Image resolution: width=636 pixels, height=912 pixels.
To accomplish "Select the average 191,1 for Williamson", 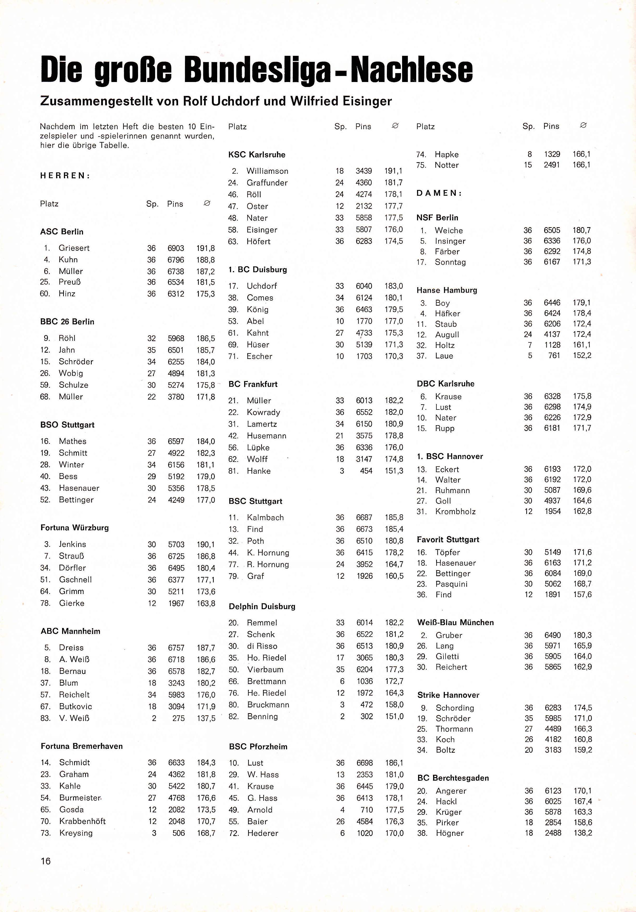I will pyautogui.click(x=393, y=171).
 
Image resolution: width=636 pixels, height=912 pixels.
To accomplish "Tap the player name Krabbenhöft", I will pyautogui.click(x=83, y=821).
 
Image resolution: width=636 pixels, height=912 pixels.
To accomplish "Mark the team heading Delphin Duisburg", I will pyautogui.click(x=262, y=606).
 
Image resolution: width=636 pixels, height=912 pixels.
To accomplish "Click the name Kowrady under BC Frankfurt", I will pyautogui.click(x=263, y=412).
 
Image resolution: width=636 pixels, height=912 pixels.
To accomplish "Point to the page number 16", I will pyautogui.click(x=46, y=861).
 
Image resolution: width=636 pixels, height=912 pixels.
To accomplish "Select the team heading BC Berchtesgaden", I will pyautogui.click(x=453, y=778).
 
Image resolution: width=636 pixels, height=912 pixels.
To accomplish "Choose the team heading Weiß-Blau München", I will pyautogui.click(x=455, y=622).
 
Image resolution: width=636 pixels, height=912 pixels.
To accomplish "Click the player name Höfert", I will pyautogui.click(x=258, y=242).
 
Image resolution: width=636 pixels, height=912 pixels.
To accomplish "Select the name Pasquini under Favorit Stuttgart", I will pyautogui.click(x=451, y=584).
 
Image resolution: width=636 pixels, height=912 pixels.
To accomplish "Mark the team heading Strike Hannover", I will pyautogui.click(x=448, y=695).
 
